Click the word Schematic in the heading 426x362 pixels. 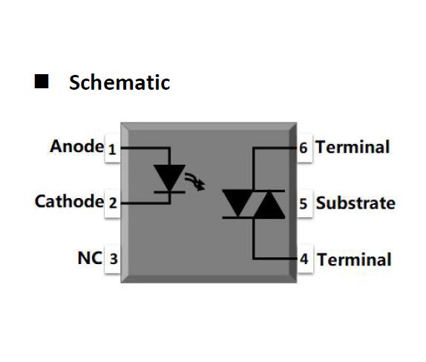click(x=119, y=82)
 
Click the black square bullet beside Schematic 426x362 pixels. click(x=42, y=81)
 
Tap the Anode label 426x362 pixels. click(x=76, y=146)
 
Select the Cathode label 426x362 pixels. click(x=69, y=201)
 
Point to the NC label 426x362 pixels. click(x=90, y=257)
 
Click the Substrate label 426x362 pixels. click(x=355, y=203)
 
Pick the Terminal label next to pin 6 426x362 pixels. click(x=353, y=147)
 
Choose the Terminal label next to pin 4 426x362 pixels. click(x=354, y=260)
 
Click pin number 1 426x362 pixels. click(x=112, y=149)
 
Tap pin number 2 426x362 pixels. click(x=113, y=203)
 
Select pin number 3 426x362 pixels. click(x=114, y=259)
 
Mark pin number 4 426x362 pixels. click(x=304, y=259)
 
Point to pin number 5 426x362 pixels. click(x=304, y=204)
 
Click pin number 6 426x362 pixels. click(x=304, y=148)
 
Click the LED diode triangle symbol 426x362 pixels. click(x=169, y=177)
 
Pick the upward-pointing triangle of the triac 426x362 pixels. click(x=269, y=204)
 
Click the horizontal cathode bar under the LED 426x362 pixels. click(x=169, y=192)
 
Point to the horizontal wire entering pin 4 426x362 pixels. click(x=275, y=259)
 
